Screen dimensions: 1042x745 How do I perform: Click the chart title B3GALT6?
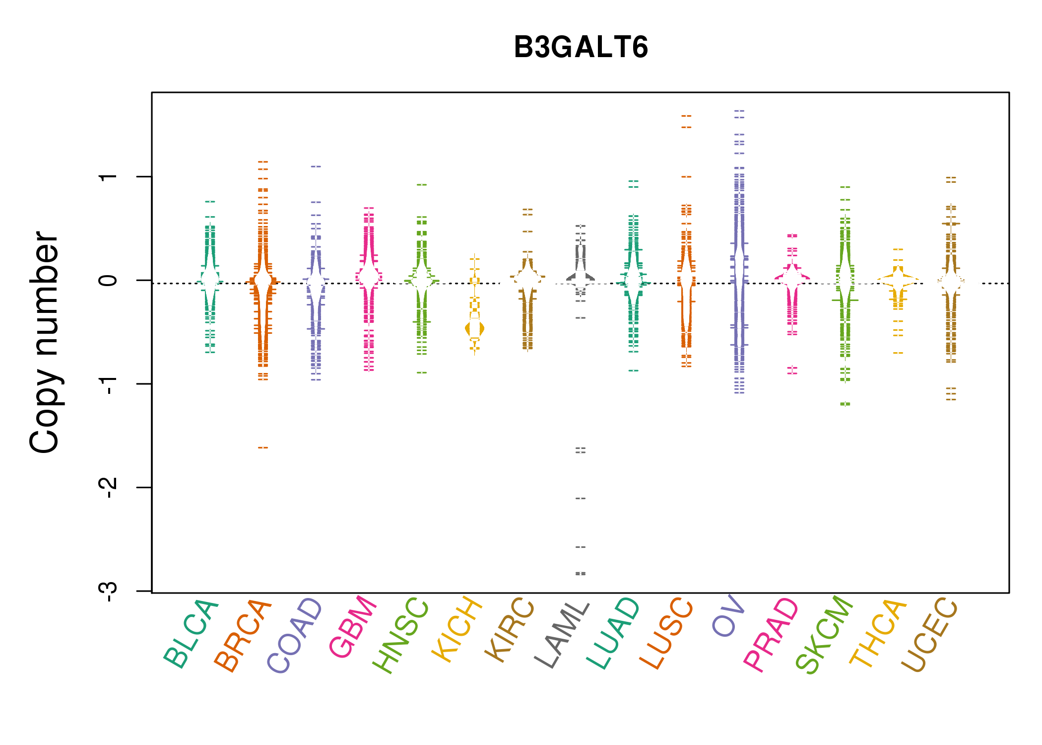point(581,47)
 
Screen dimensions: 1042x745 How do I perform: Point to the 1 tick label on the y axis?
point(108,177)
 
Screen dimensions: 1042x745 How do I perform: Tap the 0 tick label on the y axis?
point(108,280)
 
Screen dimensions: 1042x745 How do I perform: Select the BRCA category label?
point(243,635)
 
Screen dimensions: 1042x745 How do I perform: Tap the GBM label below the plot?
point(353,627)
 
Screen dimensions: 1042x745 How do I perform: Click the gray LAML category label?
point(562,635)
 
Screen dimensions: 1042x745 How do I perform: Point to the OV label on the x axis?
point(728,615)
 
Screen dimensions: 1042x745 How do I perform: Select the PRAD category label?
point(771,635)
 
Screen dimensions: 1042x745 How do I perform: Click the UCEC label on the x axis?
point(929,635)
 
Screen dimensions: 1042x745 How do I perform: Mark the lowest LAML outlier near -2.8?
point(581,574)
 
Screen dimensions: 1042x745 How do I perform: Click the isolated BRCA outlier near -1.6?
point(263,447)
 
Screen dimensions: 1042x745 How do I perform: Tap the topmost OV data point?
point(739,111)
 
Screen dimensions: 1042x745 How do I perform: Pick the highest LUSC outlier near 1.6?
point(686,116)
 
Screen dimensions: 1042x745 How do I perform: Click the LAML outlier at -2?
point(581,498)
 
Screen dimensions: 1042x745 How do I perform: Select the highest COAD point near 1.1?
point(316,166)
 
